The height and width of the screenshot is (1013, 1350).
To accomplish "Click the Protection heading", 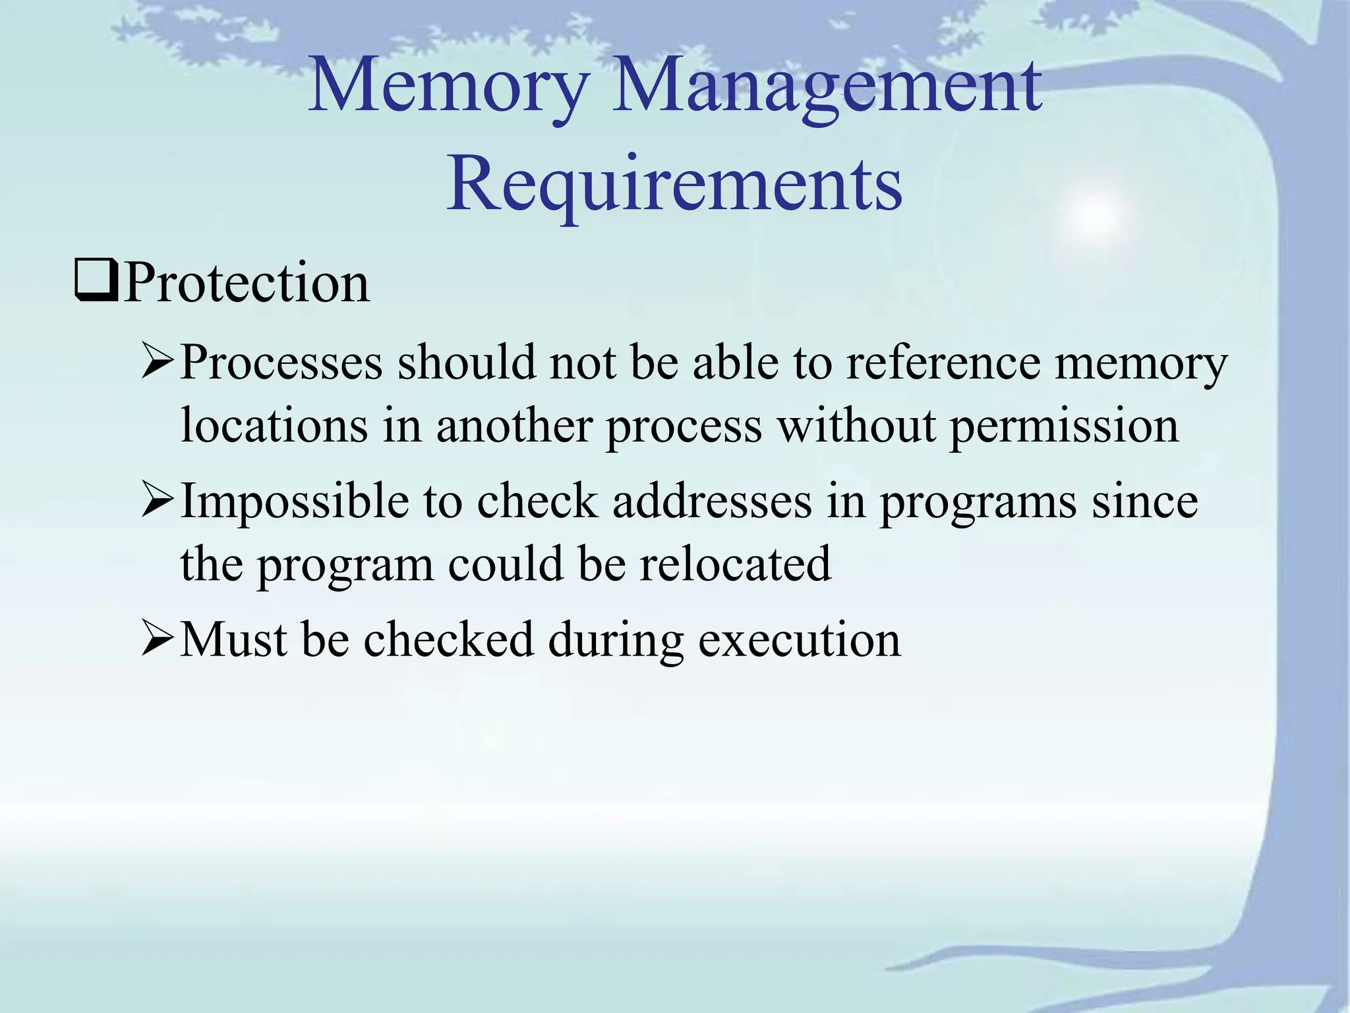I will point(247,283).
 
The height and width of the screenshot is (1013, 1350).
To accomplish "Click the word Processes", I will point(281,362).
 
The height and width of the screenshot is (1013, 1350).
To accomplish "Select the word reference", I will point(943,362).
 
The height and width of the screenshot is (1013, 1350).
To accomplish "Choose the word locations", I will point(274,425).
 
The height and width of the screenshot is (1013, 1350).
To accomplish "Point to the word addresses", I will point(713,501).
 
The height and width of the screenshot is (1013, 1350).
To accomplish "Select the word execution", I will point(799,640).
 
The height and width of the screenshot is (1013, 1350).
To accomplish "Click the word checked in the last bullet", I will point(448,639).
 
